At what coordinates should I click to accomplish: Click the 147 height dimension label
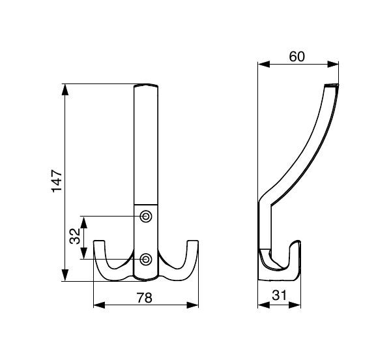click(57, 181)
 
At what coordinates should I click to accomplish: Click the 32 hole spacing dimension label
click(75, 236)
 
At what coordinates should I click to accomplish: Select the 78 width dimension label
click(145, 297)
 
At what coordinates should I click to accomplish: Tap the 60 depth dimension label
click(297, 57)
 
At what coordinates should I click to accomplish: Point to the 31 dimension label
click(280, 295)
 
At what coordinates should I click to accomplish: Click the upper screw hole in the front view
click(145, 216)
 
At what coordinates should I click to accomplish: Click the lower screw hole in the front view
click(145, 260)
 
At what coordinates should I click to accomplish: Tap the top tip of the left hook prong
click(99, 241)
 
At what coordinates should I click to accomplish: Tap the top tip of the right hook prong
click(192, 241)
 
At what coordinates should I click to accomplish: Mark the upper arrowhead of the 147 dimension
click(65, 89)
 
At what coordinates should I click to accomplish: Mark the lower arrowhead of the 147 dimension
click(65, 275)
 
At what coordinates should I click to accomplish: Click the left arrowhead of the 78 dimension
click(99, 305)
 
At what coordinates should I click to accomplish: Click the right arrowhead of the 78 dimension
click(193, 305)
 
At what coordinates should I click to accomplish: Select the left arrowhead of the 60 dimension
click(264, 65)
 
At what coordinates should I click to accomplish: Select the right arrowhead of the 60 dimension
click(333, 65)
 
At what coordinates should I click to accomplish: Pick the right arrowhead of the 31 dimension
click(295, 305)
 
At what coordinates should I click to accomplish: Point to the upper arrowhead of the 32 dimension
click(84, 223)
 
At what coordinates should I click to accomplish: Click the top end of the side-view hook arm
click(332, 85)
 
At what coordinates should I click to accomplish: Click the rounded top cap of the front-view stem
click(146, 85)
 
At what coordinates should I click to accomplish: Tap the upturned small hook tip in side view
click(297, 241)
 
